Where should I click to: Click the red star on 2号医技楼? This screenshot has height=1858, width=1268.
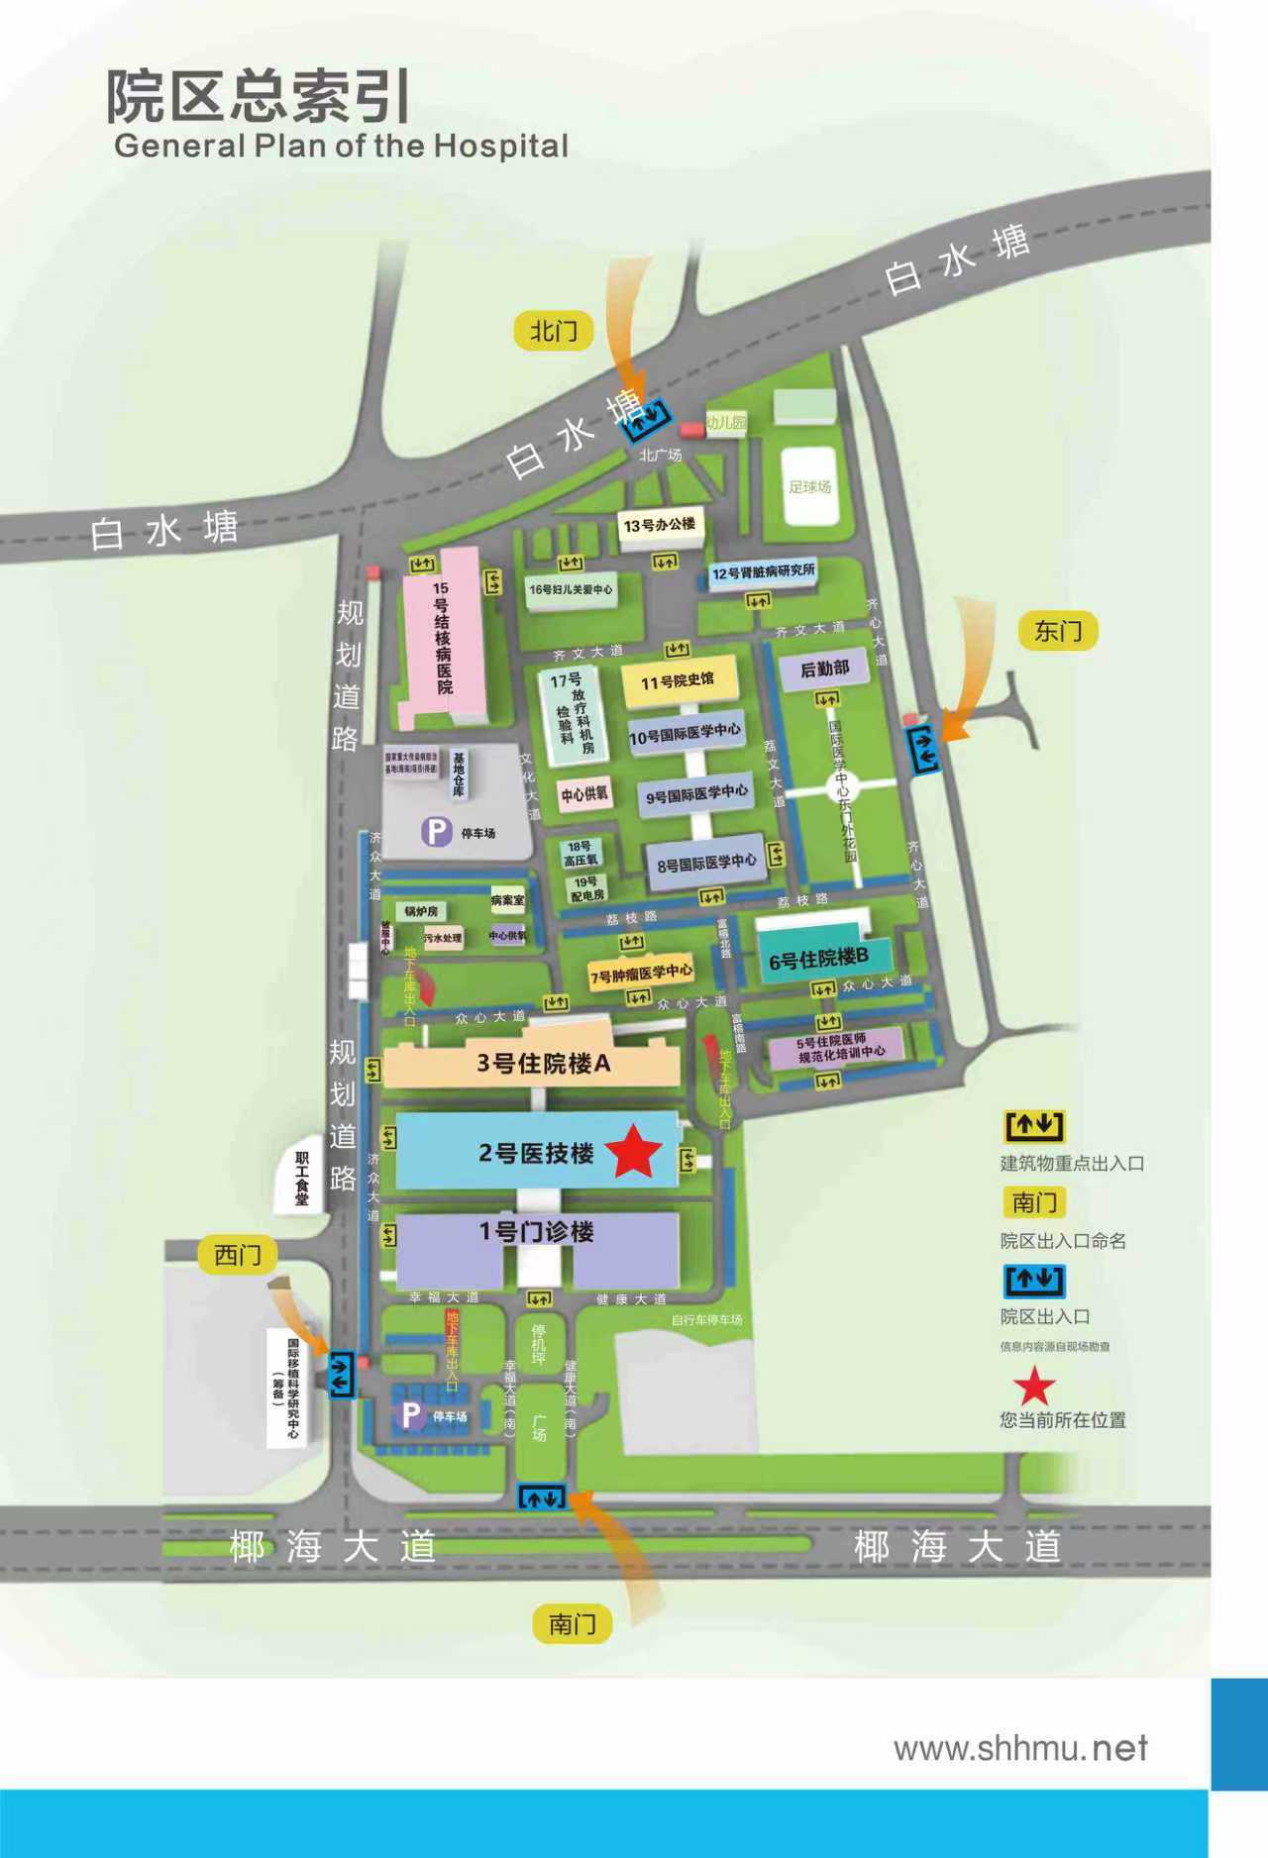tap(632, 1151)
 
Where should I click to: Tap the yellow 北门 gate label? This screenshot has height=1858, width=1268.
tap(553, 331)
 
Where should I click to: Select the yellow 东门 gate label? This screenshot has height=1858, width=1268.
tap(1058, 631)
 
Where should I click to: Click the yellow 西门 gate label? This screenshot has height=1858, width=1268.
tap(238, 1255)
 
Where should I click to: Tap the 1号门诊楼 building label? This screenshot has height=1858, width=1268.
tap(537, 1232)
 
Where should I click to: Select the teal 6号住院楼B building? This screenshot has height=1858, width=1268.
tap(818, 958)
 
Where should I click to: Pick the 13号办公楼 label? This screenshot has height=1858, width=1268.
tap(660, 524)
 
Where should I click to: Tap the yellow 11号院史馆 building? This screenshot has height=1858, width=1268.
tap(678, 681)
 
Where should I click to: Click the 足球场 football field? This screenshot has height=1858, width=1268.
tap(809, 486)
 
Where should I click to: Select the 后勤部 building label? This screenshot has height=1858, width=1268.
tap(824, 670)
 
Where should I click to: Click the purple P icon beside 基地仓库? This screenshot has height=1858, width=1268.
tap(436, 831)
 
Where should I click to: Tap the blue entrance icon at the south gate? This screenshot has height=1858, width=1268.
tap(542, 1497)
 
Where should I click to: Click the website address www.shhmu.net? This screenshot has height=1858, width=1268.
tap(1020, 1748)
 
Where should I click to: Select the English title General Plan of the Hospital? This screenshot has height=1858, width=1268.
tap(341, 147)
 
